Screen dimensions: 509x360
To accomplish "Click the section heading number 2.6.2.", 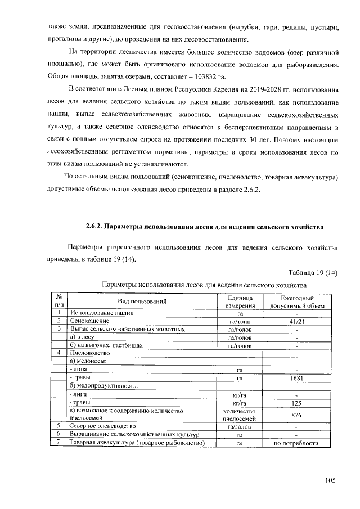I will [x=94, y=227].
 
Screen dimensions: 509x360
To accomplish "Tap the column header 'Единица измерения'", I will [x=240, y=301].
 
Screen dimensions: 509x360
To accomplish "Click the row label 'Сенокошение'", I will [x=90, y=321].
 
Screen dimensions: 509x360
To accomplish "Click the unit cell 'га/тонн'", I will [x=240, y=321].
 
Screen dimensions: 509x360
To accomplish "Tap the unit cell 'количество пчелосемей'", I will [x=240, y=415].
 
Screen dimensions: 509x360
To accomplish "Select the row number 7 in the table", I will [x=58, y=443].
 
